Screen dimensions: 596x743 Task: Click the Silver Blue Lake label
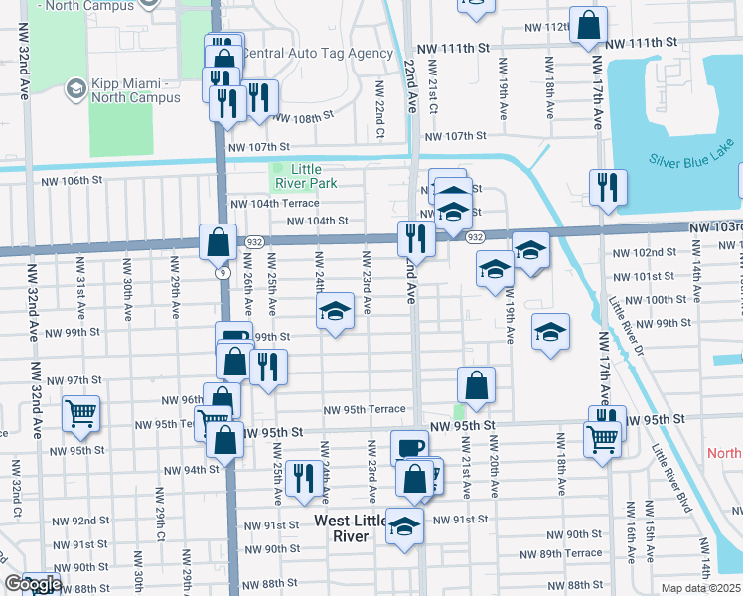pos(689,160)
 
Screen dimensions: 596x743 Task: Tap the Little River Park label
pos(306,176)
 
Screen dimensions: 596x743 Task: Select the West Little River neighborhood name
pos(343,528)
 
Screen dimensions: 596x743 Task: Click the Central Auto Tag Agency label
pos(318,53)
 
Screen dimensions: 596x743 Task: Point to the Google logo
pos(32,585)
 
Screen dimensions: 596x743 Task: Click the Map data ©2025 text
pos(700,588)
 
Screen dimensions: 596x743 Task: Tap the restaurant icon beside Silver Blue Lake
pos(607,187)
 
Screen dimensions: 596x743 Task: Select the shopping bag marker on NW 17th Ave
pos(588,27)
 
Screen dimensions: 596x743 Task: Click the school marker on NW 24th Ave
pos(336,312)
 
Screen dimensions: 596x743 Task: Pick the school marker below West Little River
pos(404,525)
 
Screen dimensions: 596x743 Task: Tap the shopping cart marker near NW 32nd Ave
pos(80,412)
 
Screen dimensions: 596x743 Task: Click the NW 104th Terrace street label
pos(275,203)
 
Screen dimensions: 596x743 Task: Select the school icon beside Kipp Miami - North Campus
pos(74,90)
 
